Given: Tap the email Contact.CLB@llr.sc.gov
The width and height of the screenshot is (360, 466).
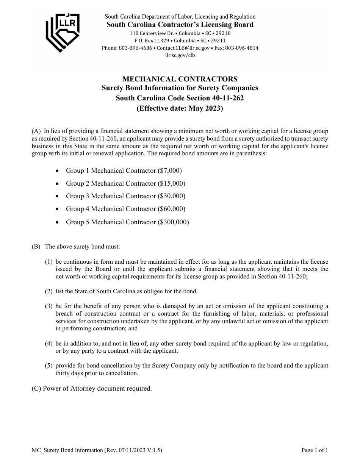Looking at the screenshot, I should coord(183,48).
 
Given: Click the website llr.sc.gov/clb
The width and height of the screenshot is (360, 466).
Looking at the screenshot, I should coord(180,55).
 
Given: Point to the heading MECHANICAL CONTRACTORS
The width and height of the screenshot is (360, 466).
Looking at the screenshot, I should coord(180,79).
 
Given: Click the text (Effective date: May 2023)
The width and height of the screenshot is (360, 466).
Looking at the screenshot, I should coord(180,108).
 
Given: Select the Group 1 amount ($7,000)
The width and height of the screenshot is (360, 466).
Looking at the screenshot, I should coord(167,170).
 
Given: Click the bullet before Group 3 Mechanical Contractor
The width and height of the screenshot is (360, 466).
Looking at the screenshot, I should coord(57,196).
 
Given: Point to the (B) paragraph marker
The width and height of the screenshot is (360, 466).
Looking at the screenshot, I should coord(36,247).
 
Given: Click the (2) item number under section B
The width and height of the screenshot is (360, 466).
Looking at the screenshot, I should coord(49,291).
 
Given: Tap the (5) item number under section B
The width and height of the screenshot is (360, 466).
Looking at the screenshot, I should coord(49,366).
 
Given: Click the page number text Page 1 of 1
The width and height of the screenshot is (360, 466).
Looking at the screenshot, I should coord(315,450).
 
